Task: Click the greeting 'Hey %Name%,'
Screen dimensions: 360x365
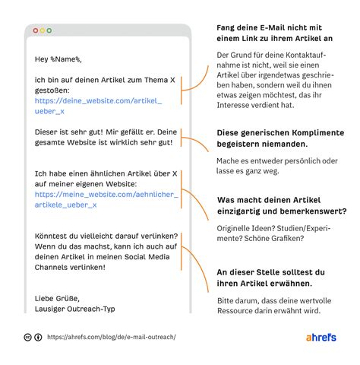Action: pyautogui.click(x=58, y=59)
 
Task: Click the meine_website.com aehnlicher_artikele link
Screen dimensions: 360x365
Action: pyautogui.click(x=106, y=199)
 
